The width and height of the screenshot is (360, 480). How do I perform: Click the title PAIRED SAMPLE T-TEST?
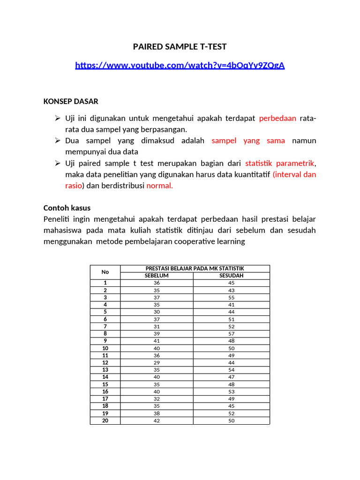click(180, 46)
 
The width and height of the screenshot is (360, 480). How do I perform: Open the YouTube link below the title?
click(180, 65)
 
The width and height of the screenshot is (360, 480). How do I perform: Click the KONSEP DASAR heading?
click(71, 101)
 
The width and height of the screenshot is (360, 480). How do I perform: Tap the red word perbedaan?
click(277, 118)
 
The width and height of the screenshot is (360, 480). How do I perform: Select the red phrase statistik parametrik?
click(280, 163)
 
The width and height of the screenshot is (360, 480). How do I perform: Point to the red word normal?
click(160, 185)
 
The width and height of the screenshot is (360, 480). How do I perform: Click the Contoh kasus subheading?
click(67, 208)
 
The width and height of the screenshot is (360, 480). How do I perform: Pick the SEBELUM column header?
click(157, 276)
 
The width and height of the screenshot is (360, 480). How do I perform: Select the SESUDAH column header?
click(232, 276)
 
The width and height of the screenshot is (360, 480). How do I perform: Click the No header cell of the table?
click(105, 272)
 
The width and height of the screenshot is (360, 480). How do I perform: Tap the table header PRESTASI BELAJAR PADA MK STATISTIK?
click(195, 269)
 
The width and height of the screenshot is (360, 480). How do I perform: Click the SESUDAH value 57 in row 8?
click(232, 334)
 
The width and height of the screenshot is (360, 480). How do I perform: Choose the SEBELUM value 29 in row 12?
click(157, 363)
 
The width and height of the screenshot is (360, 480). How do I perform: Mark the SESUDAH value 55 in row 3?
click(232, 297)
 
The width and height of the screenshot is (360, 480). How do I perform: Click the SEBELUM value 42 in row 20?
click(157, 421)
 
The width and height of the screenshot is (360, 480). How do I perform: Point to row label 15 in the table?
click(105, 384)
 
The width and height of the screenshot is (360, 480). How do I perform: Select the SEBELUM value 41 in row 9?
click(157, 341)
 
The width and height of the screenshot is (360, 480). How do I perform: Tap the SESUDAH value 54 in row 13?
click(232, 370)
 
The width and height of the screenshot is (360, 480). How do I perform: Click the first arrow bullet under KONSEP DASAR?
click(58, 118)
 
